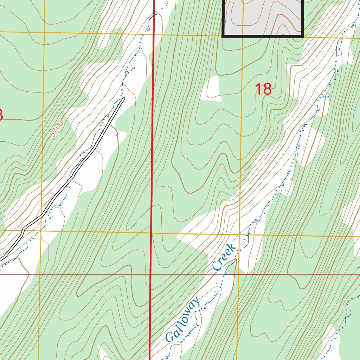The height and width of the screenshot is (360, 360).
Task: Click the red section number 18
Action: coord(263,89)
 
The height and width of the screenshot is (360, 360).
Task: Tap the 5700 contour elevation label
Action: coord(57,129)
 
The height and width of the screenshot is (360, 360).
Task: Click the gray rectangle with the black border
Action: coord(263,18)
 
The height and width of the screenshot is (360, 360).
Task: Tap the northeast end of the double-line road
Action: coord(123,99)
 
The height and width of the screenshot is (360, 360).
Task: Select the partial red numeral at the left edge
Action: coord(1,115)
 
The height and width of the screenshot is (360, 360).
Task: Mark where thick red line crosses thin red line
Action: coord(150,274)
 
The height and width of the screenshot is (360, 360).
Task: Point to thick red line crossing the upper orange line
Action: coord(154,34)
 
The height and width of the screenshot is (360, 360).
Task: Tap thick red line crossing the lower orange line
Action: coord(151,233)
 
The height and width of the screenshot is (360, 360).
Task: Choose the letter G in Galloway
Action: coord(170,336)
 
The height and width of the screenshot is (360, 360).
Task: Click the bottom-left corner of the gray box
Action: coord(223,36)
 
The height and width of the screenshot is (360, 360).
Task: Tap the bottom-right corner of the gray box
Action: coord(303,36)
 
